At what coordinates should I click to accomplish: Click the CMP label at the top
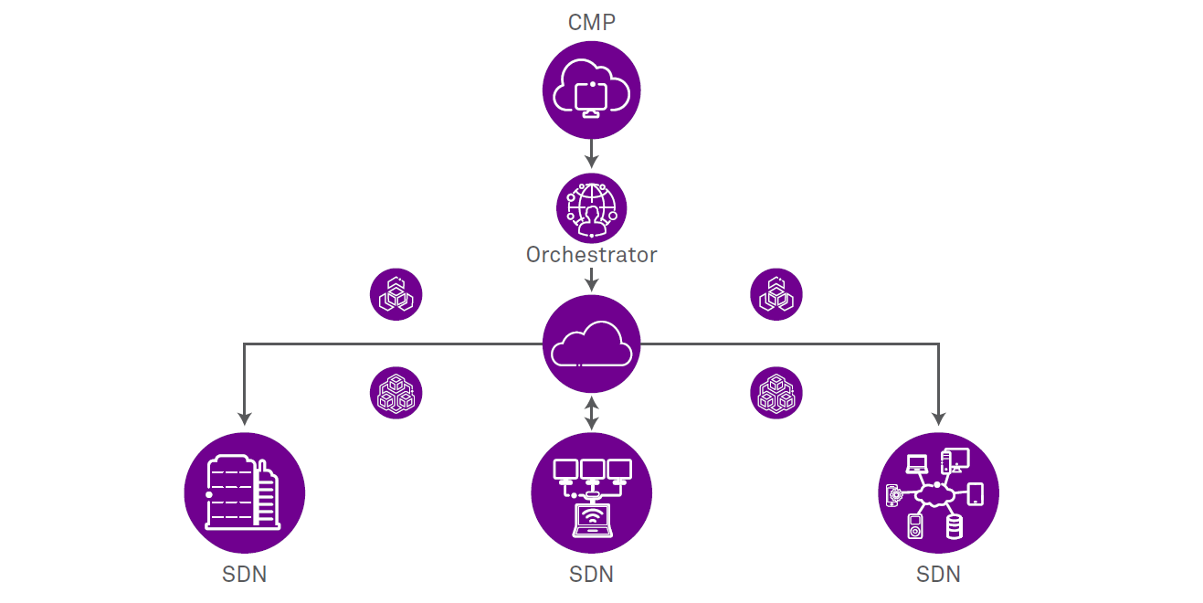pos(592,22)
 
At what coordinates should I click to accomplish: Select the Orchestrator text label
pos(592,254)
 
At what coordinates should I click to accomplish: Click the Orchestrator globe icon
pos(592,208)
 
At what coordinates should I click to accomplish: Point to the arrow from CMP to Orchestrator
pos(592,153)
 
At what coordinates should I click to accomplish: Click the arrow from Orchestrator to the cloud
pos(592,279)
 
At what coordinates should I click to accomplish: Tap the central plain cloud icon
pos(592,345)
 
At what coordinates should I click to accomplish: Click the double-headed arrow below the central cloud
pos(592,413)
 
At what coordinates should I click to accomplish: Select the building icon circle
pos(244,493)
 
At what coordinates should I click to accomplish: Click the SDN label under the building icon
pos(244,575)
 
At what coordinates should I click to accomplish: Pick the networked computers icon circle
pos(592,493)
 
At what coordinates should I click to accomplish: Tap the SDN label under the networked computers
pos(592,575)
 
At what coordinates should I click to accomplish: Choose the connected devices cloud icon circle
pos(938,493)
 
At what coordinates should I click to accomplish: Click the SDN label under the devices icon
pos(938,575)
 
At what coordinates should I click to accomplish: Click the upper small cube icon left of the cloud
pos(396,295)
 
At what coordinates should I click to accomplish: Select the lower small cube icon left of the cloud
pos(396,393)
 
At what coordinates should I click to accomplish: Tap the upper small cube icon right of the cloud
pos(776,295)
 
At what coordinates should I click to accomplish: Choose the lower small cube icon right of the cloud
pos(776,393)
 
